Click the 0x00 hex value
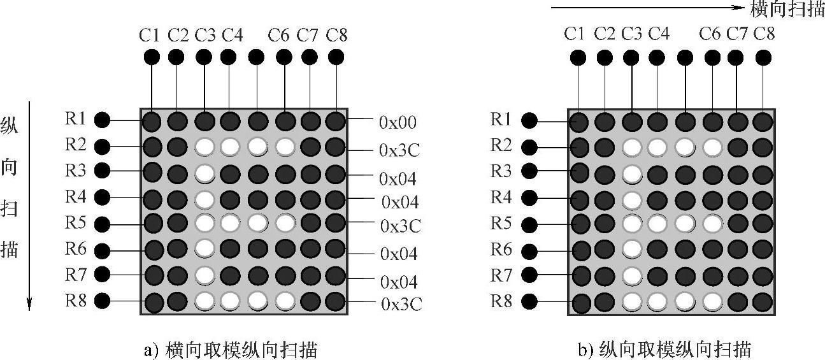click(x=399, y=121)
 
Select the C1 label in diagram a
click(x=150, y=36)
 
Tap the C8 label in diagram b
click(x=764, y=34)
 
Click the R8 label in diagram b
click(x=501, y=301)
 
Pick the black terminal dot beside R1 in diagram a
click(x=102, y=120)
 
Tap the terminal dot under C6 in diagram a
click(x=283, y=57)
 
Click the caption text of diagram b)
click(x=663, y=350)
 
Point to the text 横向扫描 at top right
click(x=787, y=9)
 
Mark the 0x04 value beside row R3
click(x=399, y=178)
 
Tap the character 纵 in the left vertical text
click(x=10, y=125)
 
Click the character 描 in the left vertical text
click(x=10, y=249)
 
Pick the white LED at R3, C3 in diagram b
click(x=631, y=173)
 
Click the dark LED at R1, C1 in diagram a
click(x=152, y=121)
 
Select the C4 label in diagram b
click(x=659, y=34)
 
